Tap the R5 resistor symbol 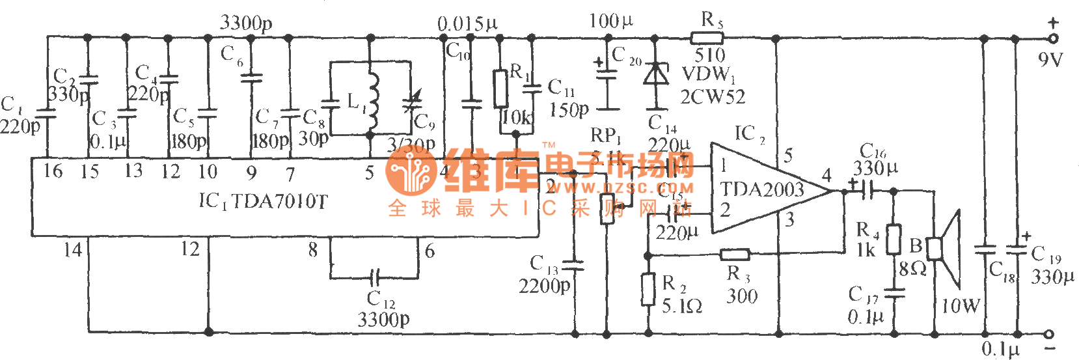707,38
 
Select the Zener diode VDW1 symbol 656,74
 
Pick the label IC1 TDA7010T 263,201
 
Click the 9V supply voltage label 1050,60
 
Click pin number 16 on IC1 53,172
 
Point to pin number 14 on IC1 72,249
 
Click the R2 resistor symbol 648,290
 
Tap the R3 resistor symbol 735,254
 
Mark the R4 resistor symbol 894,238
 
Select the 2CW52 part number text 713,97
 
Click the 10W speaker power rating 961,305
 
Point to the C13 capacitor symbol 574,266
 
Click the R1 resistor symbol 500,89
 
